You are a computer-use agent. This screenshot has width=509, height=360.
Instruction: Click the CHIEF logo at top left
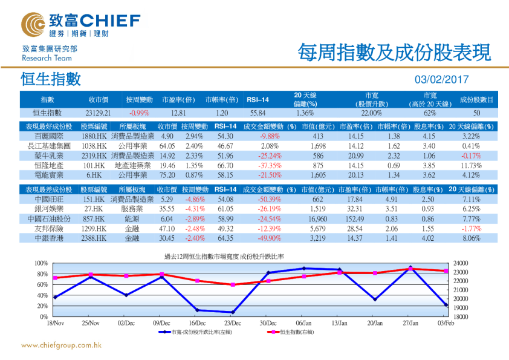click(x=82, y=23)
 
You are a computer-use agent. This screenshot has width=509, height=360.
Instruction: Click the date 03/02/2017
click(x=441, y=80)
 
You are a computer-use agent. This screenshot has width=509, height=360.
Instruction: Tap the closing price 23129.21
click(x=98, y=113)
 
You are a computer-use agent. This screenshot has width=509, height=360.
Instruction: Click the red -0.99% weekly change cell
click(x=139, y=113)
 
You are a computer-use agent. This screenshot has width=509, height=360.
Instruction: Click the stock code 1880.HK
click(x=94, y=137)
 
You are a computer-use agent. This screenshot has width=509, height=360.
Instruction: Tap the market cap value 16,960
click(x=317, y=218)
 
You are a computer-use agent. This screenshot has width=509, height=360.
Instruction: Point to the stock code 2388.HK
click(x=94, y=238)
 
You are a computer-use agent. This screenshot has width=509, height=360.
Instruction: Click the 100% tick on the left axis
click(x=41, y=263)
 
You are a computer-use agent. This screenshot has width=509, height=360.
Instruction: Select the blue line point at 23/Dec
click(x=232, y=312)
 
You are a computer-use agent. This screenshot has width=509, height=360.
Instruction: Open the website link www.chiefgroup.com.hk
click(x=60, y=346)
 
